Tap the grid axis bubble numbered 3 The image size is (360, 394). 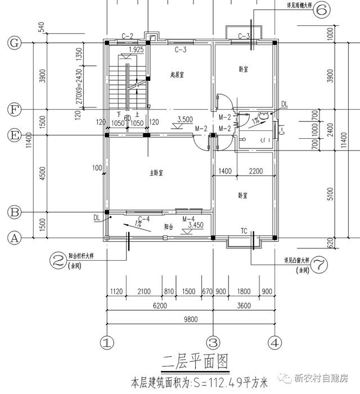click(x=213, y=342)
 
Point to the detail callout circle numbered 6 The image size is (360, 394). click(x=322, y=11)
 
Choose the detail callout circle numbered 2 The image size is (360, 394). click(x=57, y=260)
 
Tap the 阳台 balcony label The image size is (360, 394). click(x=168, y=227)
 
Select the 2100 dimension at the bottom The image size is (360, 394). click(x=143, y=291)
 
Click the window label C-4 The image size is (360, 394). click(x=143, y=219)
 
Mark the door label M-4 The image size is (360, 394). click(x=188, y=219)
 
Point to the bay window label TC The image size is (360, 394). click(x=244, y=231)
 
